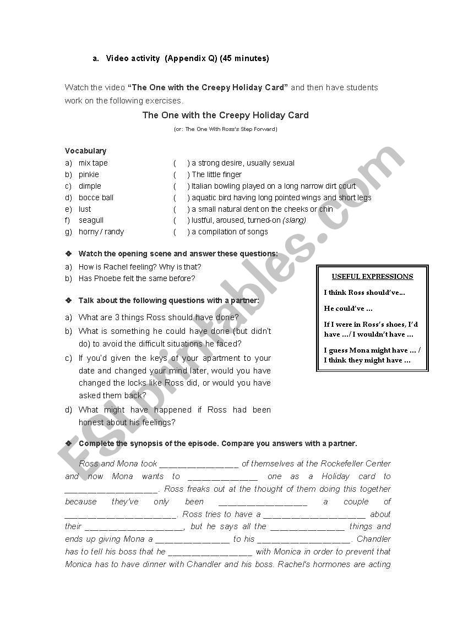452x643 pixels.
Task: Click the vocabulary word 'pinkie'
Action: (x=89, y=174)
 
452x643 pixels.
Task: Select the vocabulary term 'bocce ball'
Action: (x=96, y=197)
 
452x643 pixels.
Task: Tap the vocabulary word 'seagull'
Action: (x=91, y=220)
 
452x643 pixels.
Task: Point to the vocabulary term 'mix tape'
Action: (x=93, y=163)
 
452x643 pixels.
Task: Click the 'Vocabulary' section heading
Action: (x=85, y=151)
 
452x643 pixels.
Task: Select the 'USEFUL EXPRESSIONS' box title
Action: (x=372, y=277)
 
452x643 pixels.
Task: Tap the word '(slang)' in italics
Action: (x=294, y=220)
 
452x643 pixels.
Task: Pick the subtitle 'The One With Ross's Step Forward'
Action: (x=226, y=129)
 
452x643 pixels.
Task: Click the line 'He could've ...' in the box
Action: (x=348, y=308)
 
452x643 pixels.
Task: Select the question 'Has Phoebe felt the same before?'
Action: (x=137, y=278)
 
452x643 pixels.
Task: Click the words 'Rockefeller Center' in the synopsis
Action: (x=356, y=464)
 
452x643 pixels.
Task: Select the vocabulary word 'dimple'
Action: (x=90, y=186)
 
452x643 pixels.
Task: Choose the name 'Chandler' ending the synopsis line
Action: (x=373, y=539)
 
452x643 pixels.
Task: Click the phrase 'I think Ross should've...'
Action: (x=364, y=293)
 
